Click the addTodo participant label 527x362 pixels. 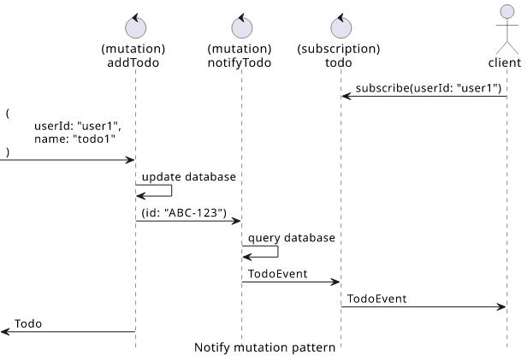coord(133,62)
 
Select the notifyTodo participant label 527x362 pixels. coord(240,62)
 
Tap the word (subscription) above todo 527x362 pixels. coord(339,49)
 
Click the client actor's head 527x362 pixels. coord(507,11)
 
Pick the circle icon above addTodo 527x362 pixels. coord(136,27)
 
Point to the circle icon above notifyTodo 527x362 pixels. coord(242,27)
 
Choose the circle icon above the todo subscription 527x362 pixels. coord(341,27)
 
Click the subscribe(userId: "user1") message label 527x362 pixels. coord(429,88)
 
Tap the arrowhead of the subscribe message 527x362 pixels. coord(346,97)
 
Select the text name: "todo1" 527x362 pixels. coord(74,139)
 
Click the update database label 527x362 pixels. coord(189,177)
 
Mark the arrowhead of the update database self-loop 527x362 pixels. coord(140,196)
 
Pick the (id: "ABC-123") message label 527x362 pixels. coord(184,213)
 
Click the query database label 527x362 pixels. coord(292,238)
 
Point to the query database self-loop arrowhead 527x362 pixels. coord(246,257)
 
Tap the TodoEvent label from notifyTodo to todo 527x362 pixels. coord(277,274)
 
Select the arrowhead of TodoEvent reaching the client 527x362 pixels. coord(501,306)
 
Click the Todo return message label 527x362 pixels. coord(28,323)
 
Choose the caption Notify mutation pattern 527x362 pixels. coord(265,347)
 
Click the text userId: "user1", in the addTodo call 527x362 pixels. coord(78,126)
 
